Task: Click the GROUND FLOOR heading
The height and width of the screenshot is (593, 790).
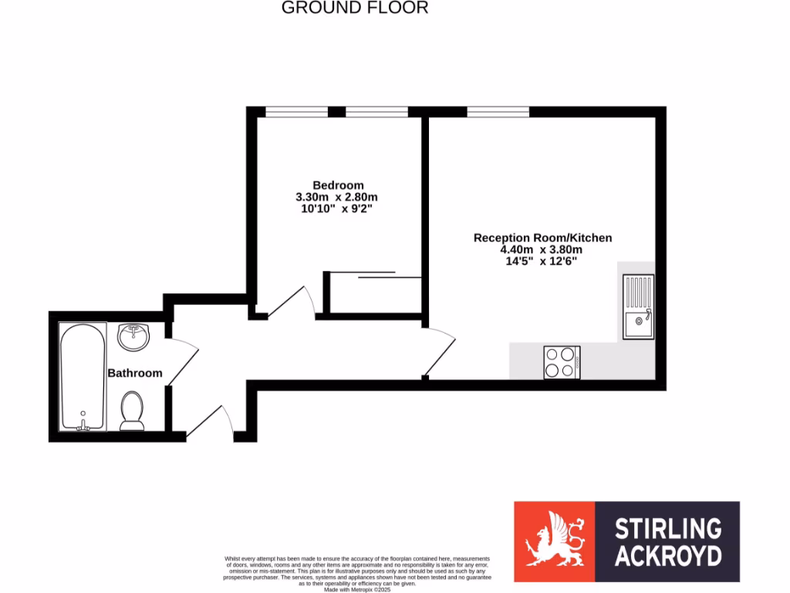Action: tap(354, 8)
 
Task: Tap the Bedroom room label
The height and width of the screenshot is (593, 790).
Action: tap(338, 185)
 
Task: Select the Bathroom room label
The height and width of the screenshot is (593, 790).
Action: tap(135, 373)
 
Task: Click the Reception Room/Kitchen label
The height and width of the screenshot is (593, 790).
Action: tap(542, 238)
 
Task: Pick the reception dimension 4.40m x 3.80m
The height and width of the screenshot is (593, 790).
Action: tap(541, 249)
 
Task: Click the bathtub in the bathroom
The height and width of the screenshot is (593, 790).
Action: tap(83, 377)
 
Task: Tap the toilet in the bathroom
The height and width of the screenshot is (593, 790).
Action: tap(133, 410)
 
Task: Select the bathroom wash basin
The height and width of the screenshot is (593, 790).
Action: tap(133, 337)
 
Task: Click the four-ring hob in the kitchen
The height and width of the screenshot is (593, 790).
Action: tap(562, 362)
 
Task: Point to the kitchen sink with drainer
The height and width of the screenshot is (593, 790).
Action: tap(639, 307)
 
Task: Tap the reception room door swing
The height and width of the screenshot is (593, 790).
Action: tap(440, 351)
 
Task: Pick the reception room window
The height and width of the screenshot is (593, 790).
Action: tap(498, 113)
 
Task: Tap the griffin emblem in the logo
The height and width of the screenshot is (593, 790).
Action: tap(554, 541)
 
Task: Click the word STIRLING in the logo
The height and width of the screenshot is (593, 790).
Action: tap(667, 529)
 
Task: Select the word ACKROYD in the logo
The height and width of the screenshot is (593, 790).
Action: tap(667, 556)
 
